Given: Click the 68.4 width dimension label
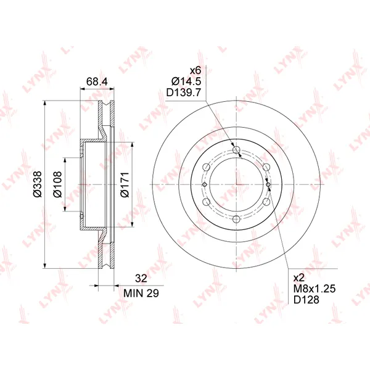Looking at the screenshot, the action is point(97,81).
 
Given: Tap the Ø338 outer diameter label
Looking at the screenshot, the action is point(38,184).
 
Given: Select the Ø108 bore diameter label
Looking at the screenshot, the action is point(57,184).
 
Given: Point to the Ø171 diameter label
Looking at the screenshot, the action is point(125,184).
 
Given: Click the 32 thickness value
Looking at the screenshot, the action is point(141,279).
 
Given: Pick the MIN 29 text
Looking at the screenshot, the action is point(141,293).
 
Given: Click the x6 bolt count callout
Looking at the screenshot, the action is point(195,70).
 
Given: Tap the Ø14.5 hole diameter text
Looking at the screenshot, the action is point(186,81).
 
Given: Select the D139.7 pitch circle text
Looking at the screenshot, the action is point(184,92).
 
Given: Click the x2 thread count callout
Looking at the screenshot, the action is point(299,277).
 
